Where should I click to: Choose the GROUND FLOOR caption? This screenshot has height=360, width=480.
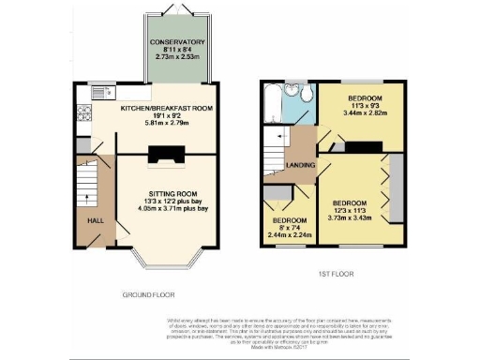click(147, 294)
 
